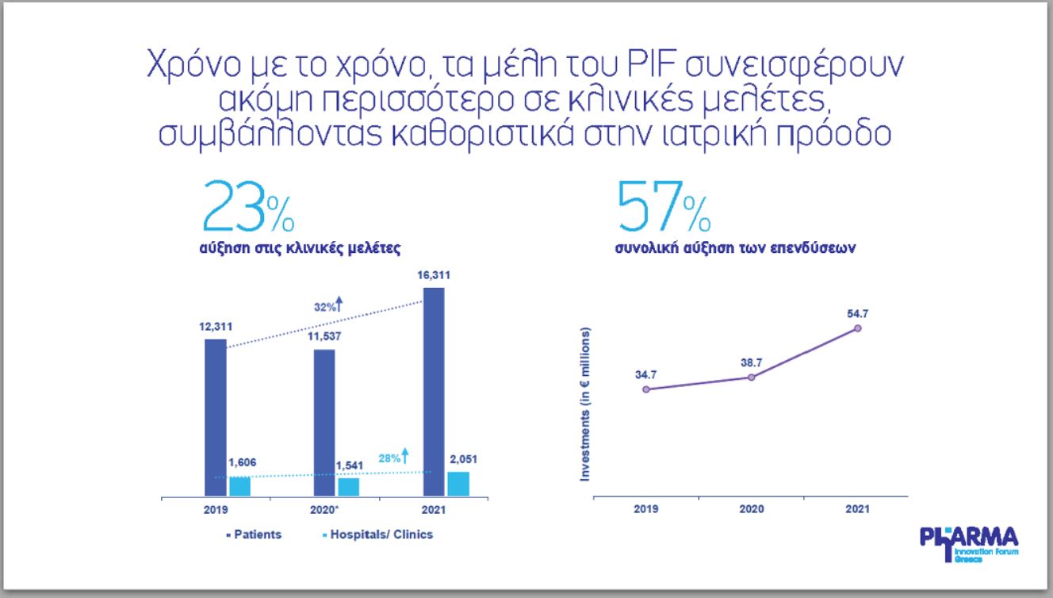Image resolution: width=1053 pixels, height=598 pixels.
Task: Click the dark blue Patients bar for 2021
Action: [434, 392]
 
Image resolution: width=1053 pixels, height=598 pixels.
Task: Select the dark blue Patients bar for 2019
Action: [215, 417]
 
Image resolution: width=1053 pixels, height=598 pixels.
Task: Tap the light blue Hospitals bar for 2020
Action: [348, 487]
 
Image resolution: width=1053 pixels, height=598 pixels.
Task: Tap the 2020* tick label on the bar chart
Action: [325, 509]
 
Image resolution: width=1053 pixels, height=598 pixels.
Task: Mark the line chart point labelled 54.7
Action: [857, 328]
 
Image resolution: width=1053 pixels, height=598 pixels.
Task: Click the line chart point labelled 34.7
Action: [646, 389]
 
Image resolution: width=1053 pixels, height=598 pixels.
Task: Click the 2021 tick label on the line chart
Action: [856, 509]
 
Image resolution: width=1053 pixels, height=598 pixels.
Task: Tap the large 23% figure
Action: [248, 208]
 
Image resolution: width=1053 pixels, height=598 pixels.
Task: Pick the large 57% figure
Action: [663, 208]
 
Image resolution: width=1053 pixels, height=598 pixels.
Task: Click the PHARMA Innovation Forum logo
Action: [968, 544]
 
